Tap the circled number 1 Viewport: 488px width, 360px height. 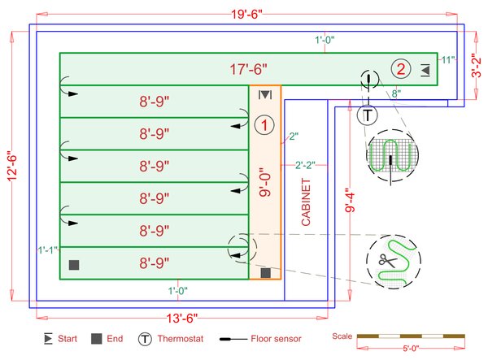(x=264, y=124)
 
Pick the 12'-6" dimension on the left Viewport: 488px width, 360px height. (x=12, y=163)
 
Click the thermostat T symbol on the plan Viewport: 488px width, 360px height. (x=368, y=115)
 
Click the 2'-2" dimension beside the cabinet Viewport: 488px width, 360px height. (x=307, y=167)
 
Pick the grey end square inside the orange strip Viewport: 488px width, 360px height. (x=265, y=273)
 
